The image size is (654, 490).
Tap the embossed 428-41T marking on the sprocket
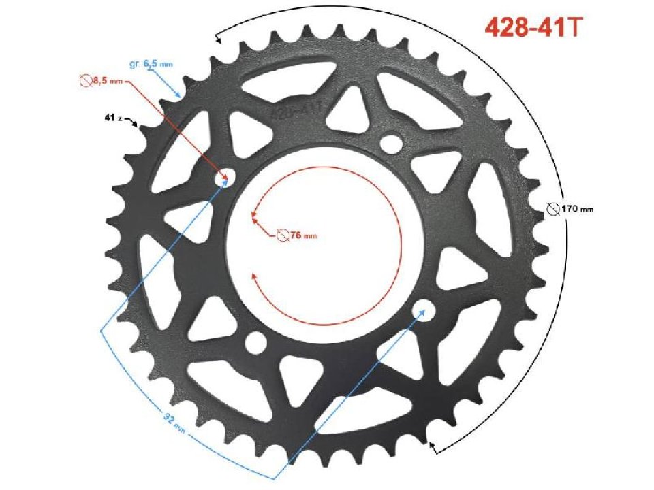click(296, 108)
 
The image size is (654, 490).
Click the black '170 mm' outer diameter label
click(577, 209)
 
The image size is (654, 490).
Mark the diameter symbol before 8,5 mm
click(85, 81)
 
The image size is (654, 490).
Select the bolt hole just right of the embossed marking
click(391, 144)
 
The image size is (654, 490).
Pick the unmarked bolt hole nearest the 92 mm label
click(256, 344)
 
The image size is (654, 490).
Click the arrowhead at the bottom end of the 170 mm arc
click(431, 446)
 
